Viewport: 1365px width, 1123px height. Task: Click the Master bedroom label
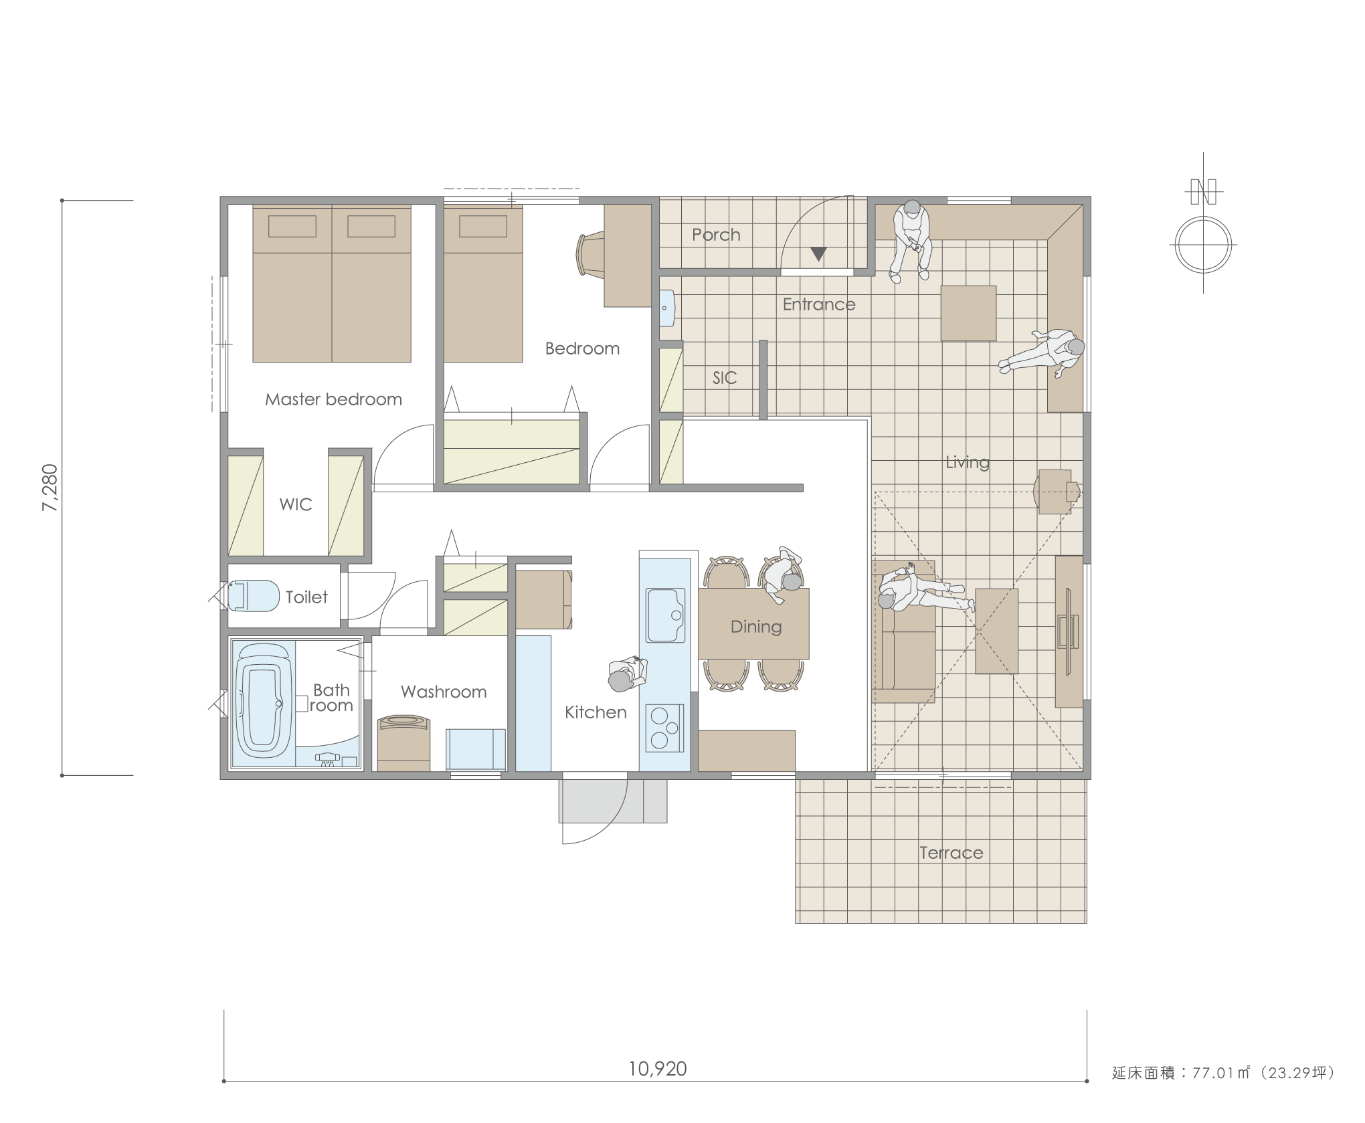(x=333, y=399)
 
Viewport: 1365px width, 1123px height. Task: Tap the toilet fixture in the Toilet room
(x=254, y=595)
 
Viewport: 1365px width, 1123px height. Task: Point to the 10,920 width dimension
(x=657, y=1069)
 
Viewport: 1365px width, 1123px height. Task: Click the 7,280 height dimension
(x=50, y=488)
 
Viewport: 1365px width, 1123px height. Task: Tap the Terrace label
(x=951, y=853)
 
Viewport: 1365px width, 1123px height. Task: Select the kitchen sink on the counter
(x=665, y=615)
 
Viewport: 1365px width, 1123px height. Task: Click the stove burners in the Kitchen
(x=665, y=728)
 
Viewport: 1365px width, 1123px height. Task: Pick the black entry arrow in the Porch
(x=818, y=254)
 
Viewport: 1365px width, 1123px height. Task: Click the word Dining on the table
(x=756, y=627)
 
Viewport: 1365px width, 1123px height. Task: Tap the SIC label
(x=724, y=378)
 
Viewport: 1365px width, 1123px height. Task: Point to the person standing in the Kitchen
(x=627, y=673)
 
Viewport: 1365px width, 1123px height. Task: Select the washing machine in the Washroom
(x=403, y=743)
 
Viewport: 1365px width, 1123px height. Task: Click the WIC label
(x=296, y=504)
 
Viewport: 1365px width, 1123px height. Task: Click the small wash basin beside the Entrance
(x=666, y=308)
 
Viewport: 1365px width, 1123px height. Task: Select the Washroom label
(x=444, y=692)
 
